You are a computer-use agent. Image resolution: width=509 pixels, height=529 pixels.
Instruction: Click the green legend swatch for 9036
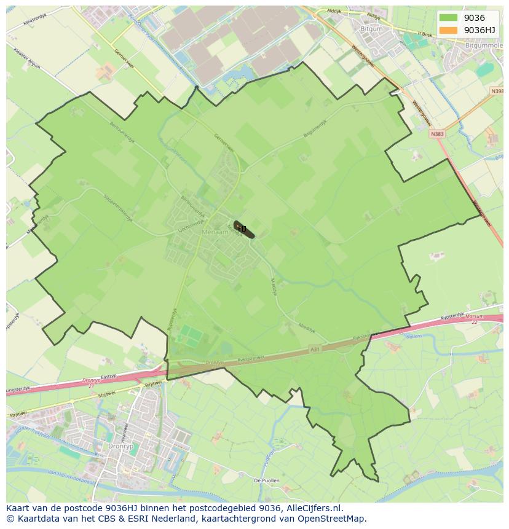pos(448,18)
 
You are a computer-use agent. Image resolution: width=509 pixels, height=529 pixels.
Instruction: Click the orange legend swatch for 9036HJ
pos(448,30)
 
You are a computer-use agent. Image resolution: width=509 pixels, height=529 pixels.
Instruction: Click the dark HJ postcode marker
pos(242,229)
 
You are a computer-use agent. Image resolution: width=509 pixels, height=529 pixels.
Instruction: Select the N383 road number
pos(437,133)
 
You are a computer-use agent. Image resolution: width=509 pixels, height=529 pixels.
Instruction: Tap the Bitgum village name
pos(371,29)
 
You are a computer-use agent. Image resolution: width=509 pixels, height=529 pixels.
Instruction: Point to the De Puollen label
pos(266,480)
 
